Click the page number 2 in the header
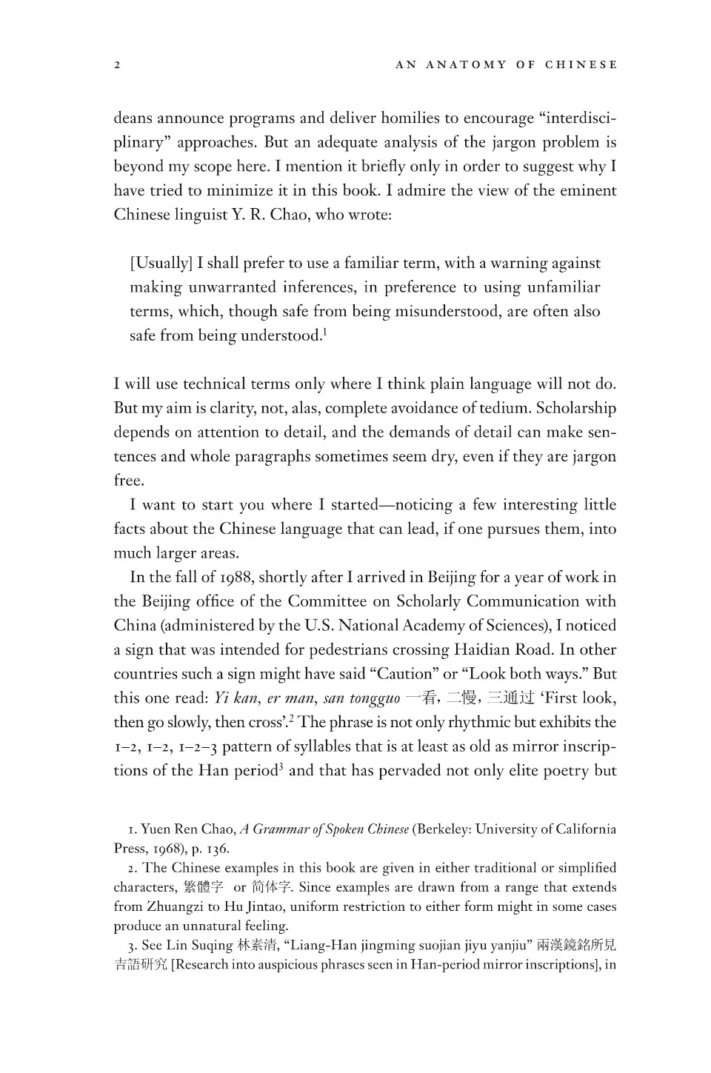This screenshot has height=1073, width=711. [x=117, y=65]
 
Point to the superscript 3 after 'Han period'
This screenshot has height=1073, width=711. [x=281, y=766]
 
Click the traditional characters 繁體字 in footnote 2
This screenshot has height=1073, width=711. [x=202, y=887]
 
